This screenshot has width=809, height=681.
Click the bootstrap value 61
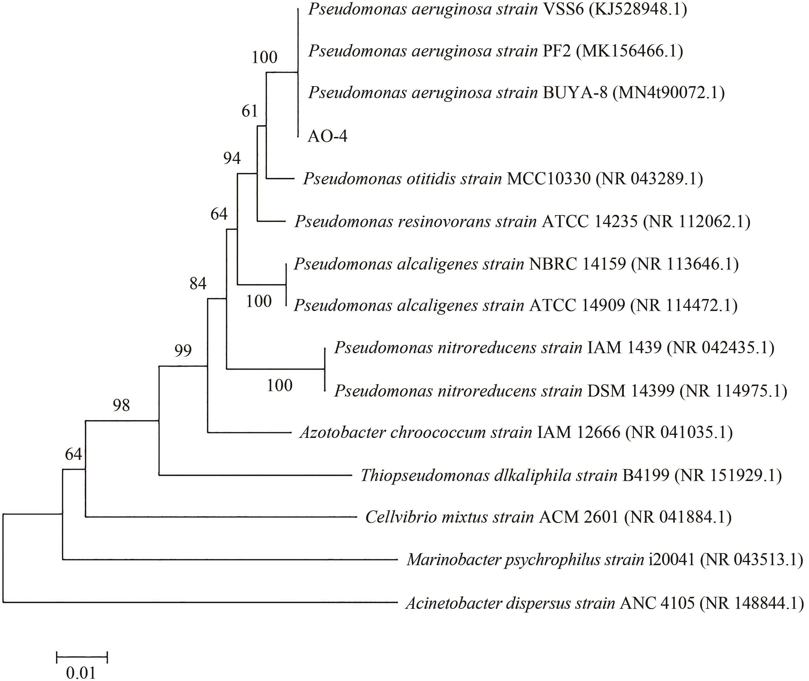249,112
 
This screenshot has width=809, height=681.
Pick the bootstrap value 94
232,158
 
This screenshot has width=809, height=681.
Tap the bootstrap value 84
198,284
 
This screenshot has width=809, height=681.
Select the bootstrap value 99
183,351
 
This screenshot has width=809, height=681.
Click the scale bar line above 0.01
82,656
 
